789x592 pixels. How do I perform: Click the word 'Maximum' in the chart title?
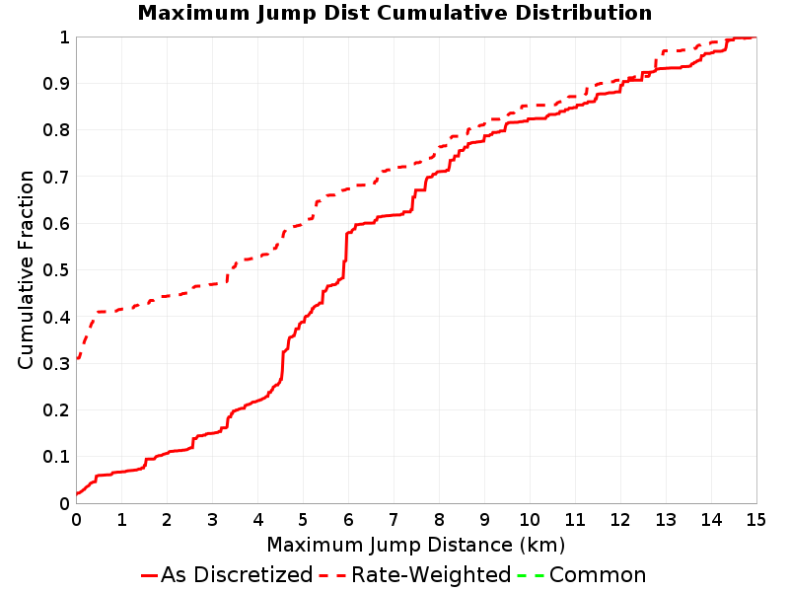pos(193,13)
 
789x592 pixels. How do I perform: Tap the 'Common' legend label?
pos(598,574)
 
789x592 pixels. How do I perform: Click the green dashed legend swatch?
pos(531,575)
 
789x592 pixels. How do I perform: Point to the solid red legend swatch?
pos(150,575)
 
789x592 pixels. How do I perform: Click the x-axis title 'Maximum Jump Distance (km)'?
pos(416,546)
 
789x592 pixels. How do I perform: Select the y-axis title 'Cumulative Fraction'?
pos(26,269)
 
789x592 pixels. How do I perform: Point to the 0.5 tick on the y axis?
pos(56,270)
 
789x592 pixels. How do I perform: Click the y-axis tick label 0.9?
pos(56,84)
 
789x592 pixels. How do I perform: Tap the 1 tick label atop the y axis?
pos(64,37)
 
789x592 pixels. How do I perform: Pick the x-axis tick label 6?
pos(348,520)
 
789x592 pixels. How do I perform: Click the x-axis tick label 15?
pos(755,520)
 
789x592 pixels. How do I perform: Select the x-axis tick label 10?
pos(530,520)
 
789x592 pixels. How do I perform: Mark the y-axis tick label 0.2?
pos(56,410)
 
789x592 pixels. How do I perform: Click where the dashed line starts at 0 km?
pos(77,358)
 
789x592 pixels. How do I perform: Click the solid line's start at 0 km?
pos(77,494)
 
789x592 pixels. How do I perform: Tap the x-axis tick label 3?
pos(212,520)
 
